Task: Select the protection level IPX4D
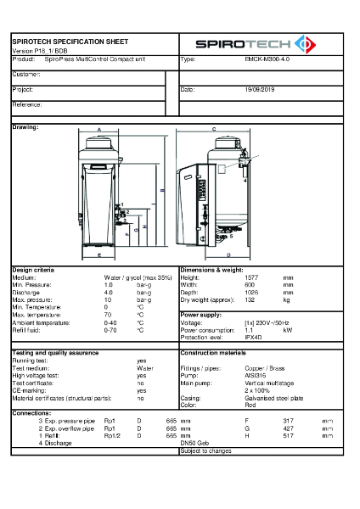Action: pyautogui.click(x=244, y=337)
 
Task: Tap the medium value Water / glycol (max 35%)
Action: pyautogui.click(x=138, y=277)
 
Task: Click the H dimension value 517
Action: pyautogui.click(x=287, y=435)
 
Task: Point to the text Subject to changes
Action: pyautogui.click(x=205, y=450)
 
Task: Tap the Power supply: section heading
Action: pyautogui.click(x=202, y=315)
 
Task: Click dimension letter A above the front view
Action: pyautogui.click(x=98, y=130)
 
